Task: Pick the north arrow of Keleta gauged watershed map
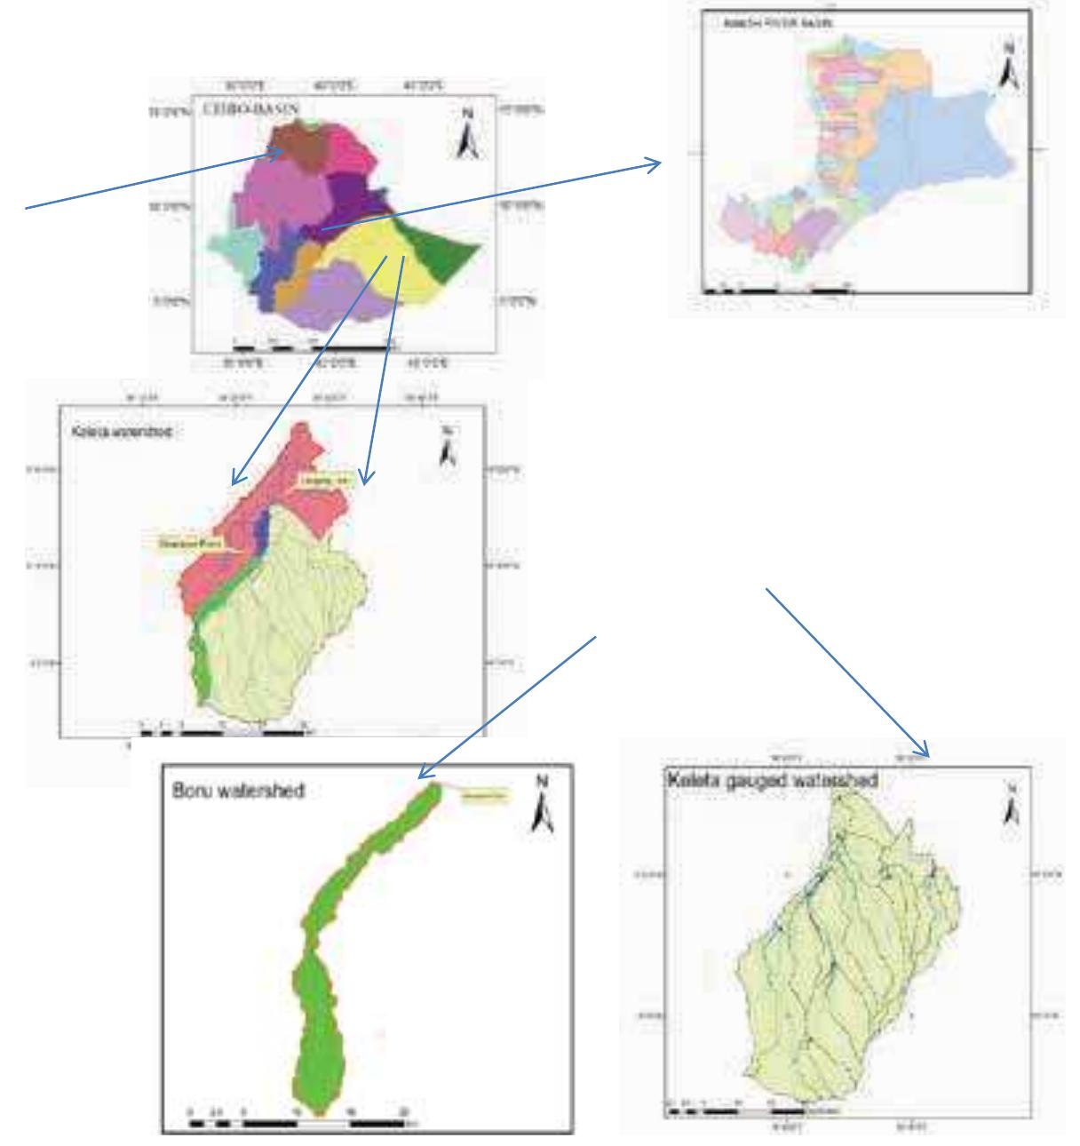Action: click(x=1011, y=804)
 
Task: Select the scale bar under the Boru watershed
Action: click(x=302, y=1123)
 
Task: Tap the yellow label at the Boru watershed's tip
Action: click(x=484, y=796)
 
